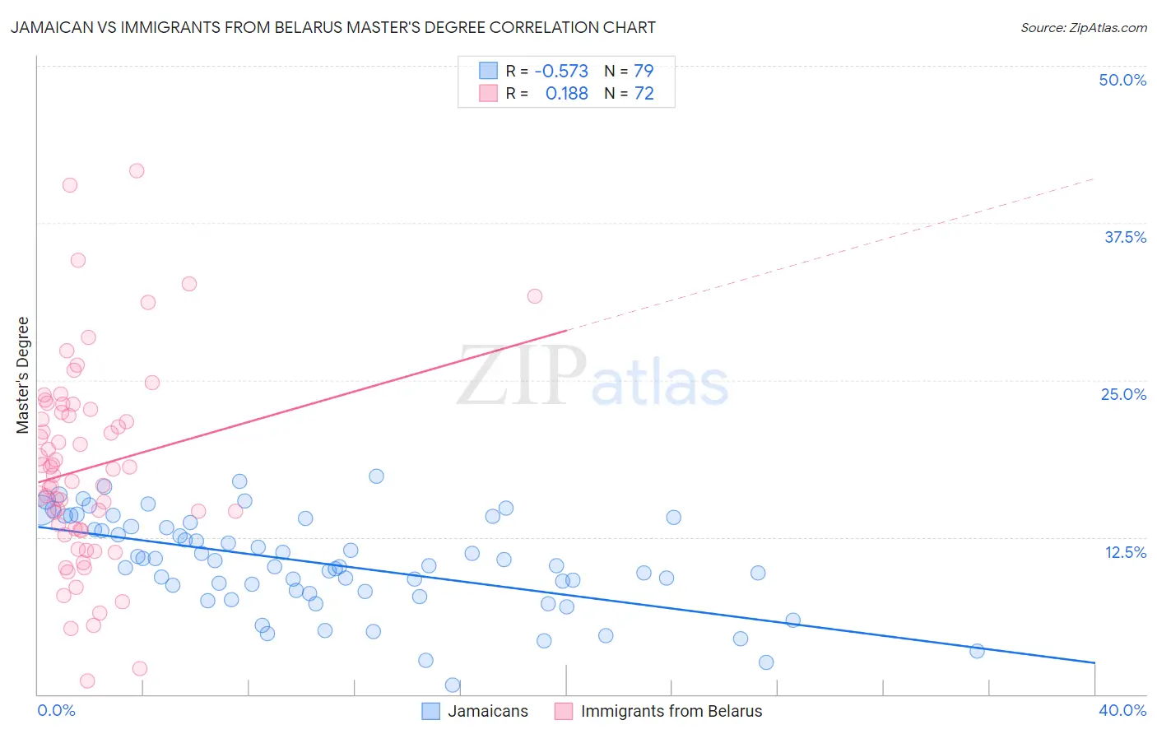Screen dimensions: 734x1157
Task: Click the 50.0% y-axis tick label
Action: click(1122, 80)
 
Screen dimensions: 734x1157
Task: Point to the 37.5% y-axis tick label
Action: click(1125, 237)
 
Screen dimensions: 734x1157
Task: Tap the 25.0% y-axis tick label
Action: click(1123, 394)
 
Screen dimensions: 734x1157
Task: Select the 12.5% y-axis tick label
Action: click(1125, 552)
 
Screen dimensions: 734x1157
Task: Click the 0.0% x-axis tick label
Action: click(57, 710)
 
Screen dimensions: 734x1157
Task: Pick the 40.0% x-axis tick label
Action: click(1122, 710)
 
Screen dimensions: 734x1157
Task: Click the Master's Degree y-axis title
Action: click(22, 375)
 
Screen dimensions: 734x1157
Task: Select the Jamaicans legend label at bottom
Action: click(488, 711)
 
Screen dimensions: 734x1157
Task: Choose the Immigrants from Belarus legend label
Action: click(671, 711)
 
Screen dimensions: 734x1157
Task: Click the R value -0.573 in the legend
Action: click(561, 71)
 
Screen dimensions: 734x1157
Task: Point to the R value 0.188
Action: click(567, 94)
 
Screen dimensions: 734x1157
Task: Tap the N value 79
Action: click(644, 71)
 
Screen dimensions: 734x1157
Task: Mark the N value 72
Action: click(644, 94)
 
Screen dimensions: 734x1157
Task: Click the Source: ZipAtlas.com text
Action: click(1083, 28)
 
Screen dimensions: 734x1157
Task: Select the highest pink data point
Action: click(137, 170)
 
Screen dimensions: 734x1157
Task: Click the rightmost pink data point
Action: click(535, 296)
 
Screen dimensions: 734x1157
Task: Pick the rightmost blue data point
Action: click(977, 651)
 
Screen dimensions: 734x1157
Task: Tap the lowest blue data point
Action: click(452, 685)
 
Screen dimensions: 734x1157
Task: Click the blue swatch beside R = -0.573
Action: click(489, 71)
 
